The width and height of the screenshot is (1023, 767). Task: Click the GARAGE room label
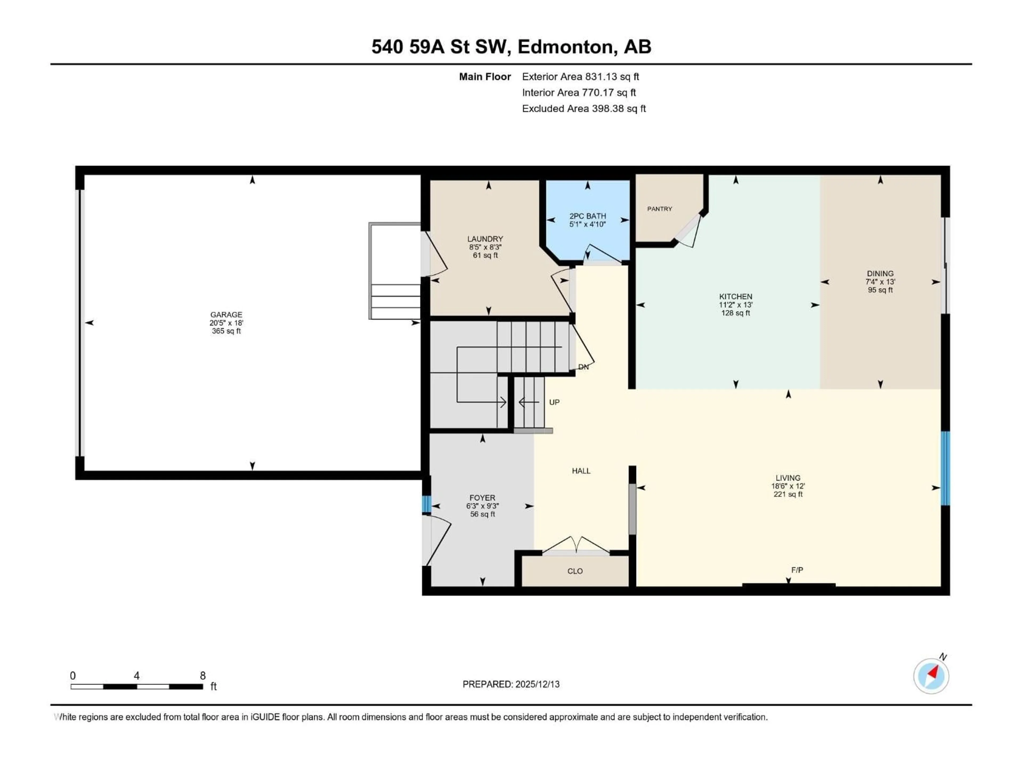(226, 314)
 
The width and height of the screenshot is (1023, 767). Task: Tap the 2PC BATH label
(587, 216)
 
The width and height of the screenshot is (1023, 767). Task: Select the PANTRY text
(660, 209)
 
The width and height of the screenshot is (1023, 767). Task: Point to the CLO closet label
(575, 571)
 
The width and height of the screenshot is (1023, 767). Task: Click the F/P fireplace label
(797, 570)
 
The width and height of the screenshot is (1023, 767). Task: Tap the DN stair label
(584, 367)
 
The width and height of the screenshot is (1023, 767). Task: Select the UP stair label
(554, 402)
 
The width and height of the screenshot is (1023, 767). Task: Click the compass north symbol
(931, 676)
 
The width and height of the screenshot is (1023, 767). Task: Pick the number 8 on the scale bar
(202, 675)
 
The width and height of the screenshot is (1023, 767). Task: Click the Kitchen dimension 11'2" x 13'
(735, 305)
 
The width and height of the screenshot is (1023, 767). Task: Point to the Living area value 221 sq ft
(788, 494)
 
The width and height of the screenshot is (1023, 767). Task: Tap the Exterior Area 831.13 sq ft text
(580, 77)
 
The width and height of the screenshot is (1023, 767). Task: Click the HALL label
(581, 471)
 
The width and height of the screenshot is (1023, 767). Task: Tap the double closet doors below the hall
(575, 545)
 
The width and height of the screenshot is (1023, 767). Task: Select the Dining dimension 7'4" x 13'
(880, 281)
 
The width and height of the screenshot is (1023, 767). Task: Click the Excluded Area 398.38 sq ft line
(584, 109)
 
